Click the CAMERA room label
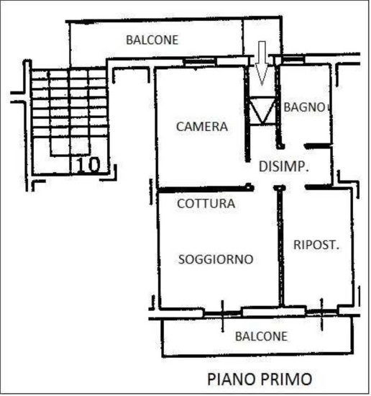coord(202,127)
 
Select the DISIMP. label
coord(283,166)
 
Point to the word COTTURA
coord(206,204)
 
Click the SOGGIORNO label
coord(215,259)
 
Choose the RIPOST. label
coord(316,245)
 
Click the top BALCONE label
coord(152,40)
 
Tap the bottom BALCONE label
coord(261,336)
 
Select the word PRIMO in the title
coord(287,378)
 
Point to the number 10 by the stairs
coord(88,165)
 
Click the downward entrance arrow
coord(262,61)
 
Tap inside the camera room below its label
coord(201,158)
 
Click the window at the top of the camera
coord(198,63)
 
